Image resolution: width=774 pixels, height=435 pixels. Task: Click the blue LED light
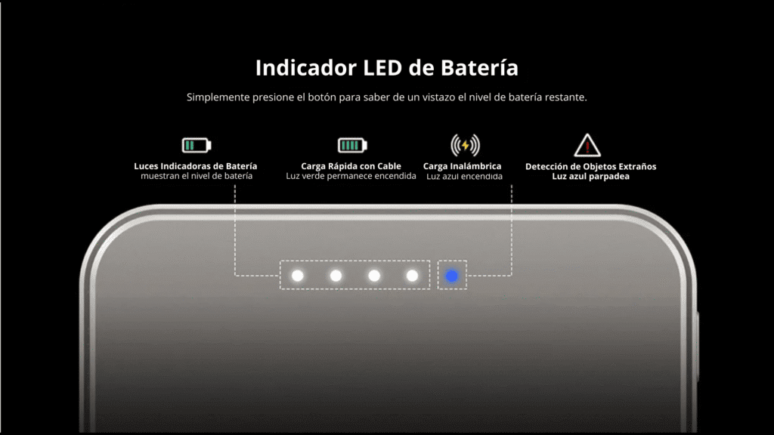coord(451,276)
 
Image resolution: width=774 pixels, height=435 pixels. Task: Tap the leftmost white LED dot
coord(298,275)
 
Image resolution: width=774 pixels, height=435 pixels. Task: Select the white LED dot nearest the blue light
coord(412,275)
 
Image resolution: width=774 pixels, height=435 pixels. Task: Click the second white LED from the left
coord(336,275)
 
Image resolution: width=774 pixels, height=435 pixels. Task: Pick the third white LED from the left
coord(374,275)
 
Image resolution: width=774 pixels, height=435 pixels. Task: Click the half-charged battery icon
coord(197,146)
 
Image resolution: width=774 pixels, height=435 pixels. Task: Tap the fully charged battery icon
coord(352,146)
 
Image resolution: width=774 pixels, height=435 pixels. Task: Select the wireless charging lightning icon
coord(465,145)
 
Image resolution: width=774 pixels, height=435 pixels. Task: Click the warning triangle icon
coord(587,145)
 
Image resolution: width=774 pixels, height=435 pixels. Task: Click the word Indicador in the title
coord(305,68)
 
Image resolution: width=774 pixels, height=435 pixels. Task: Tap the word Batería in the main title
coord(479,68)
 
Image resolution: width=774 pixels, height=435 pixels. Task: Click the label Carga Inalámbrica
coord(462,166)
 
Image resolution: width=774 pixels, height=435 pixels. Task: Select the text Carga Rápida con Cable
coord(351,166)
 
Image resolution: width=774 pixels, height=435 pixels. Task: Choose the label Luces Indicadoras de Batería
coord(196,166)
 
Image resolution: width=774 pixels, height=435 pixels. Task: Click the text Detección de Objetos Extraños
coord(591,167)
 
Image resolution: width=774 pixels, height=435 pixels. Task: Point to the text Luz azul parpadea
coord(591,177)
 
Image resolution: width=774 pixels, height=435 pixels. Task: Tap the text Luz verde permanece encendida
coord(351,176)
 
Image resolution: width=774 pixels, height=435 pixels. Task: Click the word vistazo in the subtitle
coord(438,97)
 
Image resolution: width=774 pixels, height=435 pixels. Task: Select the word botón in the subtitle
coord(322,97)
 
